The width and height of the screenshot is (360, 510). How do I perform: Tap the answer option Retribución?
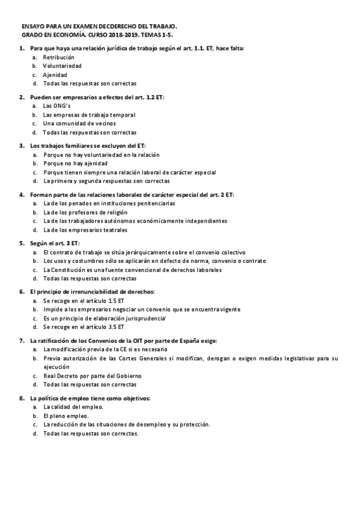pyautogui.click(x=58, y=57)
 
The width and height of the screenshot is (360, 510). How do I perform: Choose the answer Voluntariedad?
pyautogui.click(x=62, y=66)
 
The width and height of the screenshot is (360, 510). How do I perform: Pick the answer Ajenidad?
pyautogui.click(x=55, y=75)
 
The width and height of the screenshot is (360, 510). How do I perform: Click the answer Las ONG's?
pyautogui.click(x=56, y=106)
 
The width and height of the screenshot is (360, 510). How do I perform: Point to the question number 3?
pyautogui.click(x=22, y=146)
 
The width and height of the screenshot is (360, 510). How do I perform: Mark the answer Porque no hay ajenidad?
pyautogui.click(x=75, y=163)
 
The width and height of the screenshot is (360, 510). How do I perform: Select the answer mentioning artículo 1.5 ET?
pyautogui.click(x=84, y=300)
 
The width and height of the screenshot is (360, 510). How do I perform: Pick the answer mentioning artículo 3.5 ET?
pyautogui.click(x=84, y=327)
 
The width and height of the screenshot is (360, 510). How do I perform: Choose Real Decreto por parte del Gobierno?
pyautogui.click(x=92, y=376)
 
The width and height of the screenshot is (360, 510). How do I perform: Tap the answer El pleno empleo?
pyautogui.click(x=66, y=416)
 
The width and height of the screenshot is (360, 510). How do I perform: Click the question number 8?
pyautogui.click(x=22, y=398)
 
